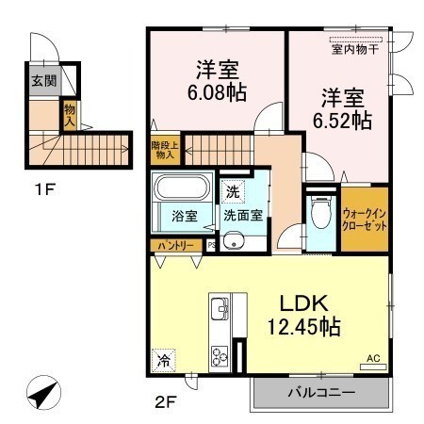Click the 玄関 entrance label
point(44,81)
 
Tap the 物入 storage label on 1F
point(70,116)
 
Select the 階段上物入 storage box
point(165,150)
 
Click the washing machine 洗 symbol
point(233,191)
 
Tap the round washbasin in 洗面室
point(233,241)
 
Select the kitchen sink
point(220,308)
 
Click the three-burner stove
point(220,356)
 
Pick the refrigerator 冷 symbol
point(163,361)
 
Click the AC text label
point(373,358)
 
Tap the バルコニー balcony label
point(321,392)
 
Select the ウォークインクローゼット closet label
point(365,220)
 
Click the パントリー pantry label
point(175,246)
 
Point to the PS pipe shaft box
point(211,245)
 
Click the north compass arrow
point(43,393)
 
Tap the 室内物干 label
point(355,50)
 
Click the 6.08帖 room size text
point(217,92)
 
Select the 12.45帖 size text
point(303,327)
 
